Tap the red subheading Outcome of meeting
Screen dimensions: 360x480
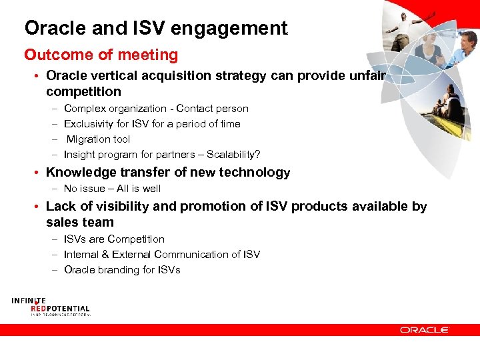tap(101, 55)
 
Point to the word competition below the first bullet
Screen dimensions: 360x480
tap(83, 91)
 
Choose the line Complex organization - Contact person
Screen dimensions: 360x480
tap(155, 109)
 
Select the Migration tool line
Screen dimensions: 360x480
tap(98, 139)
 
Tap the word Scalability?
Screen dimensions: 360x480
tap(233, 155)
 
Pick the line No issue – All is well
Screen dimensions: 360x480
tap(112, 189)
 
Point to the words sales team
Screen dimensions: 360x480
tap(80, 222)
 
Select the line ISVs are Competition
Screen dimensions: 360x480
tap(114, 239)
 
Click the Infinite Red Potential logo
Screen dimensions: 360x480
tap(50, 307)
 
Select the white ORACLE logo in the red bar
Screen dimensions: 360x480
tap(425, 329)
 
